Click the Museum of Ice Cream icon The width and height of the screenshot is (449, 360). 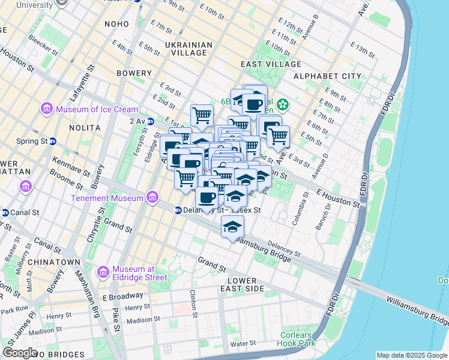tap(46, 109)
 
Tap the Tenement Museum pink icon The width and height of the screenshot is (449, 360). tap(153, 197)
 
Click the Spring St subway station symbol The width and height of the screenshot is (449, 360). tap(52, 142)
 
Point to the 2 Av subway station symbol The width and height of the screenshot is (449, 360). tap(150, 121)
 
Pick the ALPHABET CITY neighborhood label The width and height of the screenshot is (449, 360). tap(327, 76)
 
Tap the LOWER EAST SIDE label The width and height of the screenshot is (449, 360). tap(242, 284)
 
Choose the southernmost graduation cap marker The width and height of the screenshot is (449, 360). tap(233, 227)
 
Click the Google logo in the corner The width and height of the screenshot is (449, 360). tap(20, 353)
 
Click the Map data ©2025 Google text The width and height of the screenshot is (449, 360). tap(412, 355)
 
